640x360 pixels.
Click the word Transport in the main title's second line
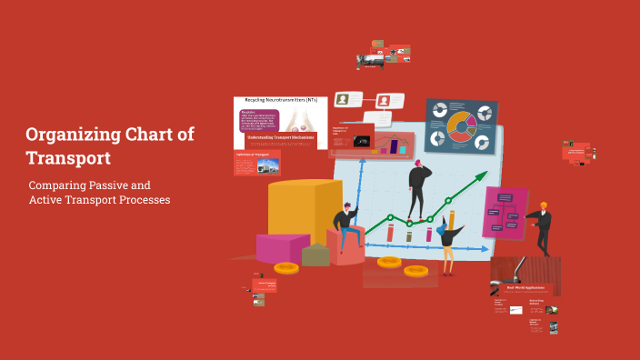click(68, 158)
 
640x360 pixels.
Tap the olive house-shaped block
click(315, 255)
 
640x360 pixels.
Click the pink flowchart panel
click(505, 213)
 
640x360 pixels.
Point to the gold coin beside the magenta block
click(286, 268)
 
